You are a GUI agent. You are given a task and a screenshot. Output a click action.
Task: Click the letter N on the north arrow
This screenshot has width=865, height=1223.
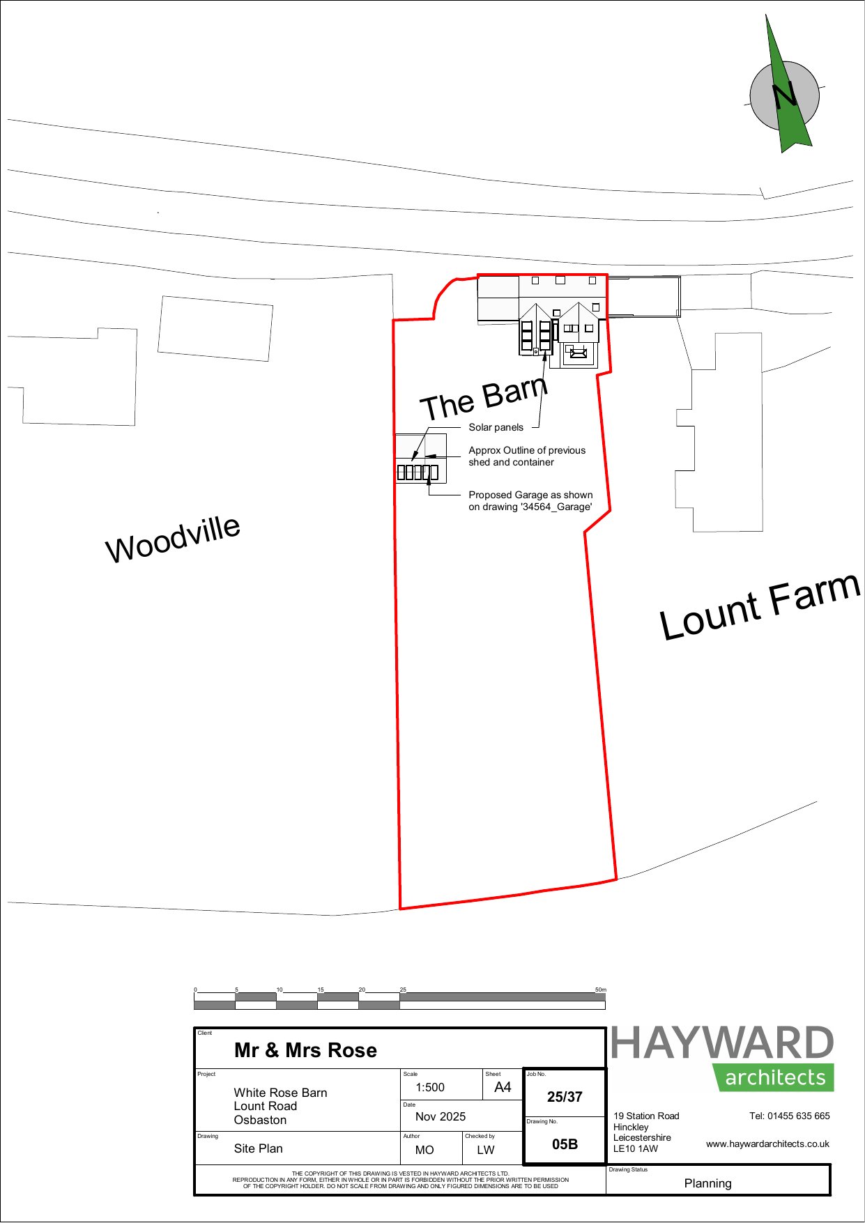pyautogui.click(x=785, y=95)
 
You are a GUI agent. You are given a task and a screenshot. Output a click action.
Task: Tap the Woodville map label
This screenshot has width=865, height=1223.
pyautogui.click(x=173, y=539)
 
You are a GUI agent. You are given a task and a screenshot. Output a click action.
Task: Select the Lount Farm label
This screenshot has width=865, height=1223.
pyautogui.click(x=760, y=606)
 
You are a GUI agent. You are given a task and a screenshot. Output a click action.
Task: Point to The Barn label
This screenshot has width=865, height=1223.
pyautogui.click(x=484, y=398)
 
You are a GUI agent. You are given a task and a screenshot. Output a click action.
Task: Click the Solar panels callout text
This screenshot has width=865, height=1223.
pyautogui.click(x=496, y=427)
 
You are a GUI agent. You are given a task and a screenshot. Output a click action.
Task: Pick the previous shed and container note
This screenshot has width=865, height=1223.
pyautogui.click(x=527, y=456)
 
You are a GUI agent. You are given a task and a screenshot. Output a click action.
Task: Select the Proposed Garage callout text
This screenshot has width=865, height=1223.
pyautogui.click(x=530, y=501)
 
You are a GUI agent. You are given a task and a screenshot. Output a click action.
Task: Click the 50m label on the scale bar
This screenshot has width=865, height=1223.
pyautogui.click(x=600, y=990)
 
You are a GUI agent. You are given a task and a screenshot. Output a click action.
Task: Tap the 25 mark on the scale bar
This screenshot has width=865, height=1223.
pyautogui.click(x=403, y=990)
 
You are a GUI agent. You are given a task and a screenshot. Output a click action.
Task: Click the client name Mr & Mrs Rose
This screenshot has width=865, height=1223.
pyautogui.click(x=305, y=1050)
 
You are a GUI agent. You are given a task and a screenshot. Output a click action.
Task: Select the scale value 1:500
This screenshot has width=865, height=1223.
pyautogui.click(x=430, y=1088)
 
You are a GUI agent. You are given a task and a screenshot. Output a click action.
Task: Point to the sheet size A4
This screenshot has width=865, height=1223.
pyautogui.click(x=503, y=1087)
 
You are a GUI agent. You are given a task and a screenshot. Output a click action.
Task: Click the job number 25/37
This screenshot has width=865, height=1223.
pyautogui.click(x=565, y=1097)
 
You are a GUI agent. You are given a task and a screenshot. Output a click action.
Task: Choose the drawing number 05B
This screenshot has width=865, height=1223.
pyautogui.click(x=565, y=1144)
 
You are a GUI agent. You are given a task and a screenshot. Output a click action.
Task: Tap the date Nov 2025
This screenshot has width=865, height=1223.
pyautogui.click(x=441, y=1116)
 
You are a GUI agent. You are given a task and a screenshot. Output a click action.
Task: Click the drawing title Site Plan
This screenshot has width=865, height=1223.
pyautogui.click(x=259, y=1148)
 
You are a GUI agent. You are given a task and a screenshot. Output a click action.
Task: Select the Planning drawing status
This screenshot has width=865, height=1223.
pyautogui.click(x=708, y=1183)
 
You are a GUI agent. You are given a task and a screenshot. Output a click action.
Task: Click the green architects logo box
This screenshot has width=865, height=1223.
pyautogui.click(x=774, y=1077)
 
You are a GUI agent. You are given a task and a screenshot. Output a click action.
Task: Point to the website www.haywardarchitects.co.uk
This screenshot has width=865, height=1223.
pyautogui.click(x=767, y=1144)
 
